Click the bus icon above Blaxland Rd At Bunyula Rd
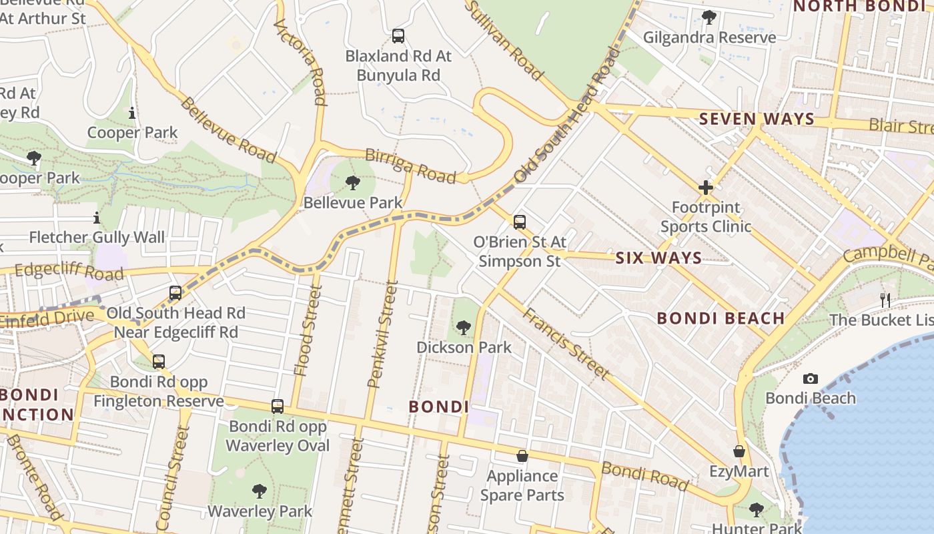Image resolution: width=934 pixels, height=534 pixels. coord(398,36)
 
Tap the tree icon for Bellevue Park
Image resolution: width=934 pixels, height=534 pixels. coord(353,182)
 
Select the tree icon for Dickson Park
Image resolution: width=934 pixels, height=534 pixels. coord(464,327)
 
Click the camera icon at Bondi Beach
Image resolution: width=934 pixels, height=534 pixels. coord(810,378)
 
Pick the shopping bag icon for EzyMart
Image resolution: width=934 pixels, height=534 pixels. coord(739,452)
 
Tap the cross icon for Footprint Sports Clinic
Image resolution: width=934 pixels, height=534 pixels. coord(705,188)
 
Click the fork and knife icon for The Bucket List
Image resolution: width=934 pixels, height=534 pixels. coord(885,300)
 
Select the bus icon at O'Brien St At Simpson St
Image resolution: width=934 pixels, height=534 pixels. coord(520,222)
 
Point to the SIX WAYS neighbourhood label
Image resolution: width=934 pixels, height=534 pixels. coord(658,258)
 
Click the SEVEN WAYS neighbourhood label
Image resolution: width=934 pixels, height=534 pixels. coord(757,119)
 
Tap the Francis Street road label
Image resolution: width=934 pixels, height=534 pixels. coord(565,344)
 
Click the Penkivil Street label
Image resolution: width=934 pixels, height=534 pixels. coord(382,334)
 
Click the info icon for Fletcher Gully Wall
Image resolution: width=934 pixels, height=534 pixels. coord(97,218)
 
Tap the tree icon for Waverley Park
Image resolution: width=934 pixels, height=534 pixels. coord(260,491)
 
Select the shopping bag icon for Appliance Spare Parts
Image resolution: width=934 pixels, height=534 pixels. coord(522,456)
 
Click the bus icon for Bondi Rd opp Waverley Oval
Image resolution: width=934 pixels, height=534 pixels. coord(278,406)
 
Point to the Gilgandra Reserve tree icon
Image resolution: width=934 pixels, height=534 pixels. coord(709,17)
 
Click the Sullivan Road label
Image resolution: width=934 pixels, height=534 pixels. coord(504,40)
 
